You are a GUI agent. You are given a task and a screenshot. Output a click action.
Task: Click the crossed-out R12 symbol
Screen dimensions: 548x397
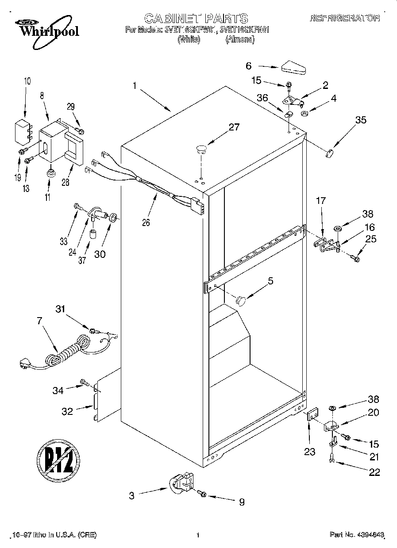point(58,458)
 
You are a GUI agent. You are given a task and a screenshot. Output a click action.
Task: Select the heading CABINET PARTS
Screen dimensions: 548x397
point(196,18)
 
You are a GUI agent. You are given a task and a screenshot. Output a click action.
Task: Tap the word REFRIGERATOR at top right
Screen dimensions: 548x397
point(345,18)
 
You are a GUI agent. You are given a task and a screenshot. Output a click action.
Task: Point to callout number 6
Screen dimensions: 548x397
point(249,66)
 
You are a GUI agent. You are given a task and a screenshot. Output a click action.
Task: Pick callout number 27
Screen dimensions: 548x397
point(234,127)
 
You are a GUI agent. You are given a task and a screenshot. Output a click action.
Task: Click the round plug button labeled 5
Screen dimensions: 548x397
point(240,301)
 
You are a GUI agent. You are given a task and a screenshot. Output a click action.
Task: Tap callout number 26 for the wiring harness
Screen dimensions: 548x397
point(146,222)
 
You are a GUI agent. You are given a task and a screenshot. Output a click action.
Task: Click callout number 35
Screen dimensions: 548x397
point(361,119)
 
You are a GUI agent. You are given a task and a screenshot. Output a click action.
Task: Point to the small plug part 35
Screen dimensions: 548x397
point(329,153)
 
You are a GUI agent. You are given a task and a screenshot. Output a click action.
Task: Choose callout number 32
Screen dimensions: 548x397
point(67,411)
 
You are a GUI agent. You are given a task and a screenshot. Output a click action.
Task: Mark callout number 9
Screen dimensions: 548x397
point(242,502)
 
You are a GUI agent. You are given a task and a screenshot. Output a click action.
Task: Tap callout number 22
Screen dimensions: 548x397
point(374,472)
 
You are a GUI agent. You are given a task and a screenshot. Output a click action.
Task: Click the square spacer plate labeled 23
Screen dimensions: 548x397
point(312,416)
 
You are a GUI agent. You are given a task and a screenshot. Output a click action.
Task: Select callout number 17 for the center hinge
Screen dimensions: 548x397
point(320,200)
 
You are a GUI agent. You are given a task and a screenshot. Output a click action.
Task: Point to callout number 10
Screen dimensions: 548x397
point(27,81)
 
